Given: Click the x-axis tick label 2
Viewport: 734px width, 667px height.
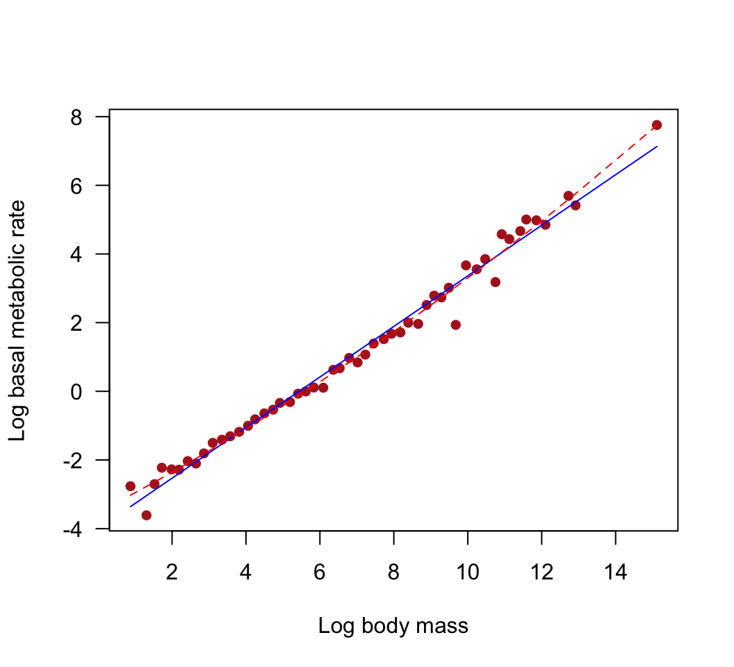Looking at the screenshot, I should pos(172,573).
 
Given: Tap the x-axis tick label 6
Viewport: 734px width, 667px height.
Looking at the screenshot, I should pos(320,573).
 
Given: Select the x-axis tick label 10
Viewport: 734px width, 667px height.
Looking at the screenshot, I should pos(468,573).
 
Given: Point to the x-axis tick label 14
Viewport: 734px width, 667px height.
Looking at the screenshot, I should pos(616,573).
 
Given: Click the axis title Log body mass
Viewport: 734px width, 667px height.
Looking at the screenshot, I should pos(393,627).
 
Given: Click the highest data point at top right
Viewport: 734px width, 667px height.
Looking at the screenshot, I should pos(657,125).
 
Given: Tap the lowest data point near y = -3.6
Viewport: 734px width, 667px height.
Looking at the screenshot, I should pos(146,515).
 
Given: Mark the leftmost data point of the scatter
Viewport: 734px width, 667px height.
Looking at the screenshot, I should pos(130,486).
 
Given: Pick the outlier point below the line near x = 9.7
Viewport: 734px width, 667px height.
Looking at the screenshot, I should pos(456,324).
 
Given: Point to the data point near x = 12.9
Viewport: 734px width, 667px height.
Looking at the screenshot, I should pos(576,205).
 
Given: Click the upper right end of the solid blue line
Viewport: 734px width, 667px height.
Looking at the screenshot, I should pos(657,147).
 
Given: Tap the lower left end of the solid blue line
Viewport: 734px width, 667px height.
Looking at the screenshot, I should pos(130,507).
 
